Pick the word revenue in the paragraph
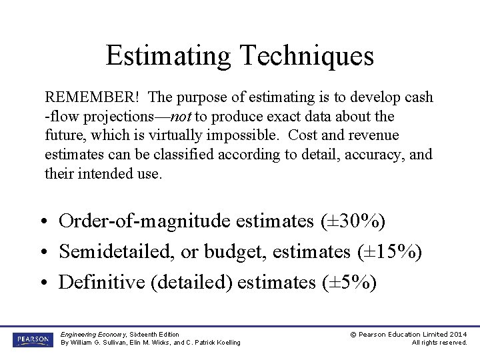(x=370, y=136)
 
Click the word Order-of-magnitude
(x=145, y=221)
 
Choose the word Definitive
(x=103, y=282)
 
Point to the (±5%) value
(x=347, y=282)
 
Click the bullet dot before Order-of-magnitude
(x=41, y=221)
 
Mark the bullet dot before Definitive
(x=41, y=283)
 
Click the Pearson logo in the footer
(x=33, y=339)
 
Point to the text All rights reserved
(x=439, y=343)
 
